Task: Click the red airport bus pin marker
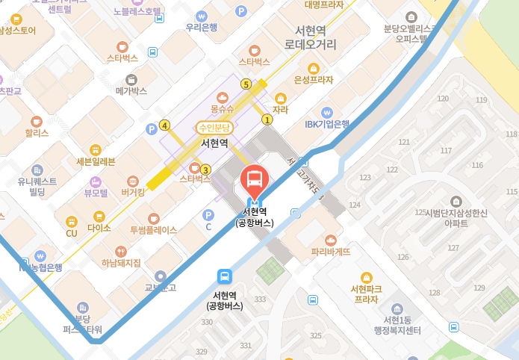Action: [x=255, y=179]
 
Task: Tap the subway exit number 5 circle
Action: [x=246, y=84]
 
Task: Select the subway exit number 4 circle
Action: [x=164, y=125]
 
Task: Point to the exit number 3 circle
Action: [x=206, y=170]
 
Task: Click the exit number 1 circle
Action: [x=267, y=120]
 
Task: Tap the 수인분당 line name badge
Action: [x=214, y=128]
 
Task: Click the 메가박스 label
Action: [x=131, y=91]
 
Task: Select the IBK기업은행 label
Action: [x=327, y=124]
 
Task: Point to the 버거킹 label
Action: [x=133, y=192]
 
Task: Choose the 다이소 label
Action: [x=99, y=227]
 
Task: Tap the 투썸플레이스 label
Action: [x=154, y=230]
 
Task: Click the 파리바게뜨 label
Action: [x=331, y=252]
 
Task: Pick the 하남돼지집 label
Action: [x=121, y=263]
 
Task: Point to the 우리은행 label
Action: [x=202, y=28]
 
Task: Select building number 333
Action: [x=260, y=300]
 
